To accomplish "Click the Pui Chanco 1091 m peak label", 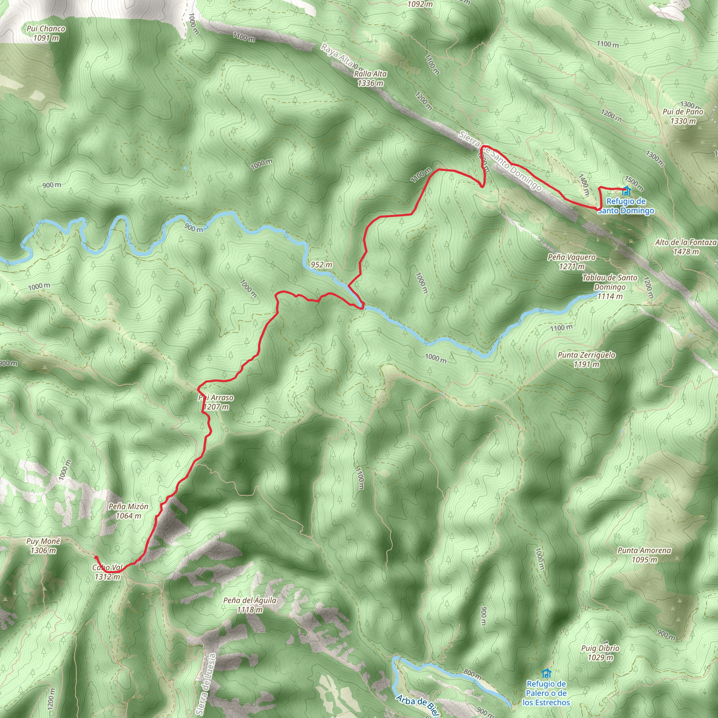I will pos(46,33).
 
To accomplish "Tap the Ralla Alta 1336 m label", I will pos(370,79).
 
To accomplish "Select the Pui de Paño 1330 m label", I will pos(683,116).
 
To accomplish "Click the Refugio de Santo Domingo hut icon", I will pos(626,191).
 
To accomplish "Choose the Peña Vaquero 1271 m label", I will pos(571,262).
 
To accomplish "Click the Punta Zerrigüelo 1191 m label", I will pos(586,359).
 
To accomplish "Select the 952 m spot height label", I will pos(321,265).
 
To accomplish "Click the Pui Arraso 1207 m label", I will pos(216,402).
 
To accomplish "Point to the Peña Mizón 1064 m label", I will pos(128,510).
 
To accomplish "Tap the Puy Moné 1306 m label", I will pos(43,546).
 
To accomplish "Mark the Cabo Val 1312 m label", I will pos(107,572).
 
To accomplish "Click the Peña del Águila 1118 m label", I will pos(250,605).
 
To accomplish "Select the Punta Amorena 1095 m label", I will pos(644,555).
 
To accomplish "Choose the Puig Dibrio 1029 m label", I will pos(600,652).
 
